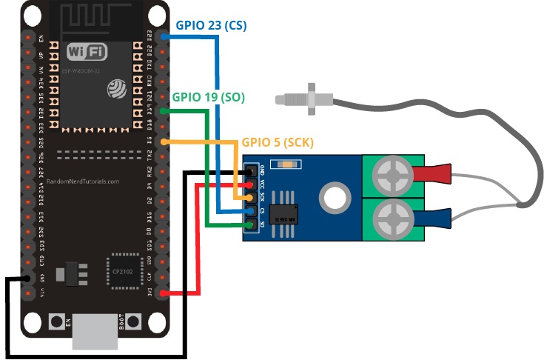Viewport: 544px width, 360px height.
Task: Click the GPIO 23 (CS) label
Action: pos(211,25)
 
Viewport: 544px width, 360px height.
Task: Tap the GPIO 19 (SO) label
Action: pos(208,97)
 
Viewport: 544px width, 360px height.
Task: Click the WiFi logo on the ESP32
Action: pos(87,52)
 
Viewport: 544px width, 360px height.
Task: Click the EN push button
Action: pos(56,322)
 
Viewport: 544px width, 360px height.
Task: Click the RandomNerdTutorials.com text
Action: pos(82,181)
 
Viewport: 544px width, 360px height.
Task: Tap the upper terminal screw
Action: pos(392,176)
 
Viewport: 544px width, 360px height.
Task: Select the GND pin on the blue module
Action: pos(252,172)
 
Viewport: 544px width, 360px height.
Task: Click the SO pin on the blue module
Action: pos(252,224)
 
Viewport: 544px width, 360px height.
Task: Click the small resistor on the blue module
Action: pos(283,164)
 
